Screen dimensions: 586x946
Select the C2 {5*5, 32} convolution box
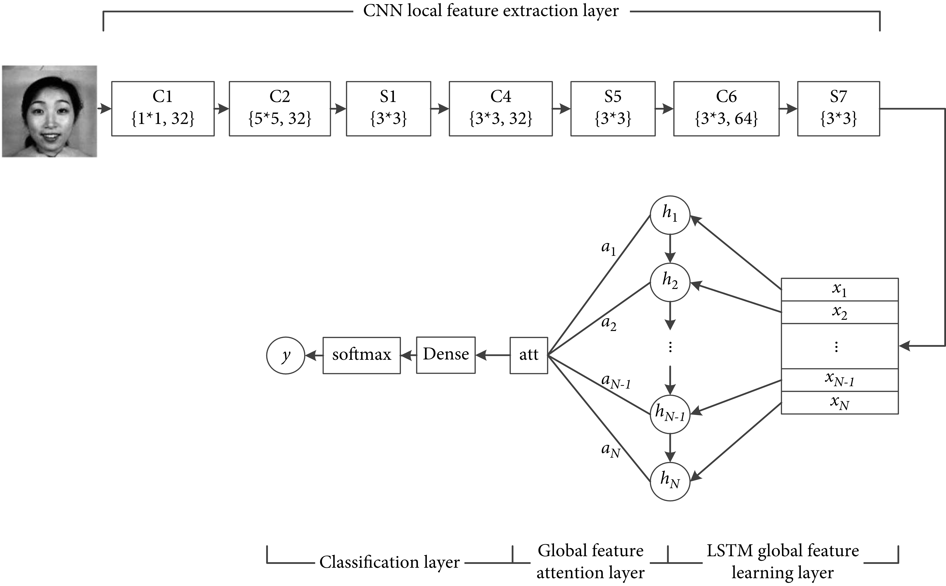[x=280, y=109]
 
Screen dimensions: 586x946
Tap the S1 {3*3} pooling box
[x=388, y=109]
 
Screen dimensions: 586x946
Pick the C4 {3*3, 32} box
[x=500, y=109]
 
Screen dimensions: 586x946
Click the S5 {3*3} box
[x=613, y=109]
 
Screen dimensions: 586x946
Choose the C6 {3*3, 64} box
[x=726, y=109]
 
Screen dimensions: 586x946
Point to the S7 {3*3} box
[x=838, y=109]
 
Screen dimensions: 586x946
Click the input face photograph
[x=50, y=111]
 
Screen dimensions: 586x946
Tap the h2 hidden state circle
[x=670, y=282]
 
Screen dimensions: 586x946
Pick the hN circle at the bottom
[x=670, y=481]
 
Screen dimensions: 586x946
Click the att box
[x=529, y=355]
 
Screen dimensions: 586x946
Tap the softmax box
[x=362, y=355]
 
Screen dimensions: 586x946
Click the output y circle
[x=286, y=355]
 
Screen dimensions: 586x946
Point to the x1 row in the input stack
[x=839, y=290]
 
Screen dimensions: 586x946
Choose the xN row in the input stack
[x=839, y=403]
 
